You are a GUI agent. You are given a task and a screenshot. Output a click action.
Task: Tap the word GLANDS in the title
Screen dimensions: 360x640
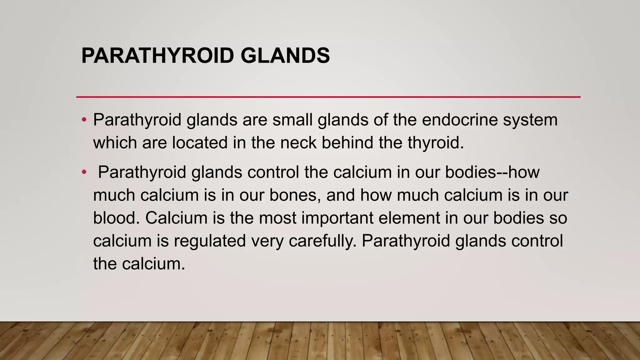(285, 56)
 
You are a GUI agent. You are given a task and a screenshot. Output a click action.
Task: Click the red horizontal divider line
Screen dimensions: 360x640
(328, 97)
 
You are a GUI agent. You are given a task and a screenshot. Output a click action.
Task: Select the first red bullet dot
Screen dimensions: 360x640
(84, 120)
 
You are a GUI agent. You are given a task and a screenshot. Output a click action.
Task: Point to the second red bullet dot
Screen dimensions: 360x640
(84, 172)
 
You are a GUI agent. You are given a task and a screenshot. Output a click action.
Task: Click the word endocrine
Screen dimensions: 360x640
(459, 120)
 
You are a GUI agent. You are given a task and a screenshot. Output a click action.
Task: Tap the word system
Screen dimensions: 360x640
(530, 120)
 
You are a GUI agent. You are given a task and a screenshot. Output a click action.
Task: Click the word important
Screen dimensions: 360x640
(337, 218)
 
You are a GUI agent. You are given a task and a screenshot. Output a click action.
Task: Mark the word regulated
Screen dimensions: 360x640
(210, 241)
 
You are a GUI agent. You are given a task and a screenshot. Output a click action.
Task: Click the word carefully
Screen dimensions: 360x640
(322, 241)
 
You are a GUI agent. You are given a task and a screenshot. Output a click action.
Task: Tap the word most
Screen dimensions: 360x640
(278, 218)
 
